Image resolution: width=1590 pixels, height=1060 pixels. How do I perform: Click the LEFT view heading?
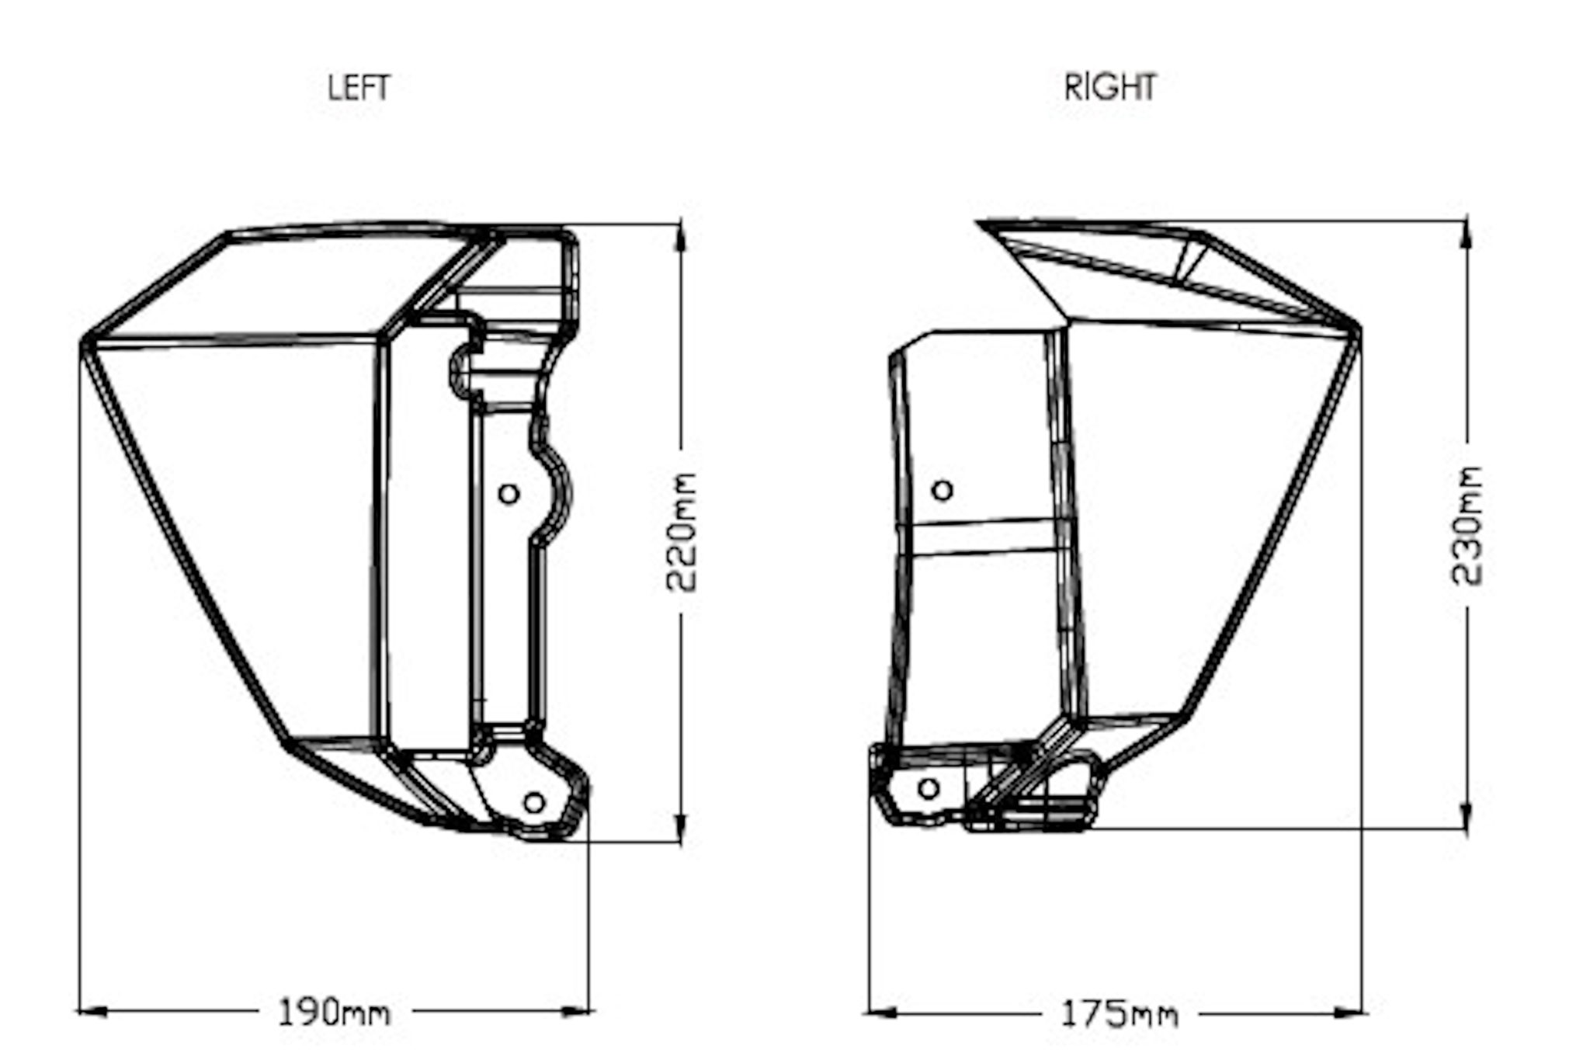[358, 88]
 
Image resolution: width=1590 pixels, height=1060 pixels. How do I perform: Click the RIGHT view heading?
[1109, 88]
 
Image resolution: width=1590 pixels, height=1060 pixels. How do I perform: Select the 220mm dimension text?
[682, 532]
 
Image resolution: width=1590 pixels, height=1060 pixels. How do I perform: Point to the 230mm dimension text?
[1467, 525]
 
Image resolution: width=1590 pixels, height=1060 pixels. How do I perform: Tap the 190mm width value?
[334, 1013]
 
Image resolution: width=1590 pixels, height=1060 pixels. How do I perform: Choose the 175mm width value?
[1119, 1014]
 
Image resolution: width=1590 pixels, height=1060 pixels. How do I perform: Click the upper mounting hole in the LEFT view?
[509, 493]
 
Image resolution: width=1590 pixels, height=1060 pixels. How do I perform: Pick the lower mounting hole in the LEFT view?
[534, 802]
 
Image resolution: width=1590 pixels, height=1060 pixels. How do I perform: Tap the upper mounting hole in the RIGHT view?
[943, 490]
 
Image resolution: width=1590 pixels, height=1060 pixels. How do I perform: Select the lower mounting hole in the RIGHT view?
[929, 789]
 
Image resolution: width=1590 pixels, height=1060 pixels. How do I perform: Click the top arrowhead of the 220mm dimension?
[681, 236]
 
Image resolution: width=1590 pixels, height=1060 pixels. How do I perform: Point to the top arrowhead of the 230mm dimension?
[1467, 233]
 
